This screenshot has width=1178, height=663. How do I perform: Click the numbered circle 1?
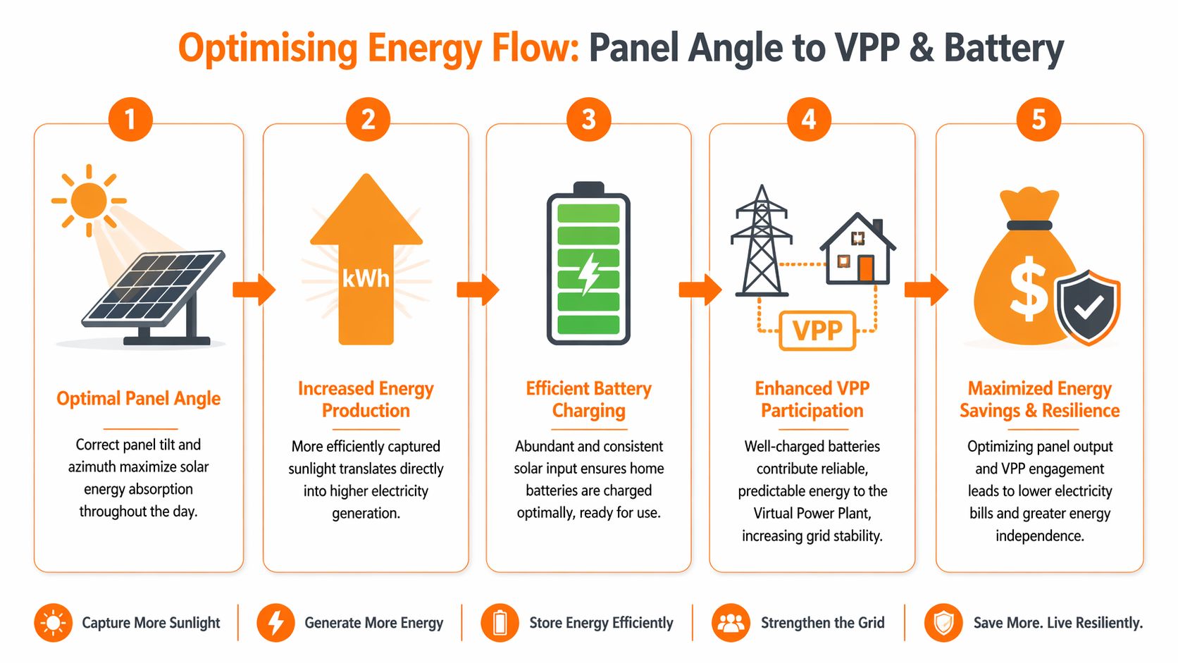[x=130, y=119]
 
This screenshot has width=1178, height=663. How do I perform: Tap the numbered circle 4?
[x=809, y=119]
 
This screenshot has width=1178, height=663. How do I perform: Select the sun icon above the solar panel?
[x=89, y=200]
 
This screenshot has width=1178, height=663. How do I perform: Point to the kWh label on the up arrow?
[x=366, y=278]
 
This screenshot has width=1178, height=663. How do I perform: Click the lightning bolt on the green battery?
[x=589, y=273]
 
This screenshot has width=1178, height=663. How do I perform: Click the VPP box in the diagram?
[x=817, y=330]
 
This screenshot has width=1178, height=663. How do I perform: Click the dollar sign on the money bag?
[x=1028, y=287]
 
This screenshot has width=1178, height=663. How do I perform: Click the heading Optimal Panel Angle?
[x=138, y=399]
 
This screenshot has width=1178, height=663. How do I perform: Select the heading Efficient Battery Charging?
[x=589, y=399]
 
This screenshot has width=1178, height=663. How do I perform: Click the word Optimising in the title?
[x=268, y=49]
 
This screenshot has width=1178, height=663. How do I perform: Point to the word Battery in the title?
[x=1003, y=49]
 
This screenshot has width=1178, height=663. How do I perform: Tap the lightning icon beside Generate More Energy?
[x=275, y=623]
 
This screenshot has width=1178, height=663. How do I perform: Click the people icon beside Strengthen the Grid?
[x=731, y=623]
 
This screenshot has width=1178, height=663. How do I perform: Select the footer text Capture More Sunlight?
[x=151, y=623]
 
